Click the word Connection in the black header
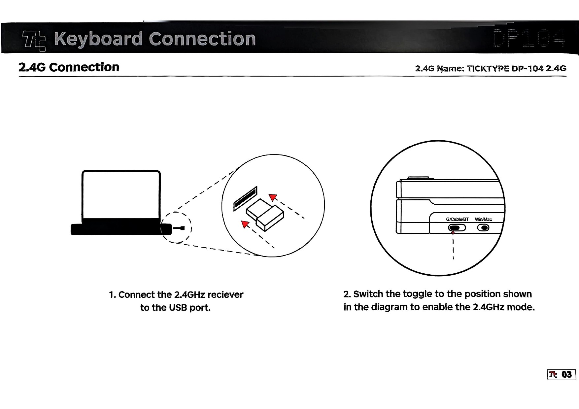pos(202,39)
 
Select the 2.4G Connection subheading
pos(69,67)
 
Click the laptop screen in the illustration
pos(121,195)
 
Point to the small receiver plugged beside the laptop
pos(180,228)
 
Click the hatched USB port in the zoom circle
pos(245,198)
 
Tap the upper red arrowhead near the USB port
pos(272,197)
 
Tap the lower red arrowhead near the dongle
pos(245,224)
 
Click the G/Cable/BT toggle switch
pos(457,228)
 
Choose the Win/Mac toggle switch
pos(483,228)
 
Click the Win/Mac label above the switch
pos(483,219)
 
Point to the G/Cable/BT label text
pos(457,219)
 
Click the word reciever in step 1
pos(225,294)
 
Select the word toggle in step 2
pos(418,294)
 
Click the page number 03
pos(566,374)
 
